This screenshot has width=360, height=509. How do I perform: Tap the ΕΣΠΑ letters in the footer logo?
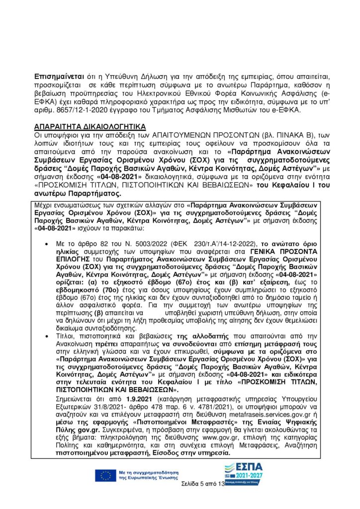point(244,469)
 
